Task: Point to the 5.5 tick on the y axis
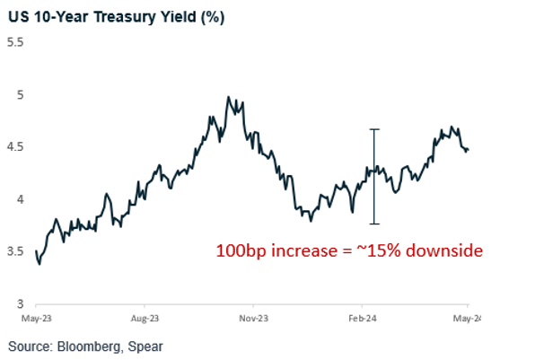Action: tap(15, 41)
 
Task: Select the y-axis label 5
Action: tap(21, 94)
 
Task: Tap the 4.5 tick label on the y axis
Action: tap(15, 146)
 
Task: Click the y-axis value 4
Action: tap(21, 199)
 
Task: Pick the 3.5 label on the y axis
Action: tap(15, 252)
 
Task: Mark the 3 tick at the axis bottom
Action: tap(21, 304)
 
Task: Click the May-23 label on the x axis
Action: tap(37, 318)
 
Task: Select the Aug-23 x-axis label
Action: tap(145, 318)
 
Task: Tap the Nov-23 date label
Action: tap(254, 318)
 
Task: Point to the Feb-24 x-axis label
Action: tap(361, 318)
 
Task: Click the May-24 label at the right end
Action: tap(468, 318)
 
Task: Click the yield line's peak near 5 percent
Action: tap(228, 97)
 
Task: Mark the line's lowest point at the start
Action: tap(39, 264)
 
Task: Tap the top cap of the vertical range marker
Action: tap(375, 129)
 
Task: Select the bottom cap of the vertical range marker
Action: tap(375, 224)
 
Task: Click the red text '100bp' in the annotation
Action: tap(242, 251)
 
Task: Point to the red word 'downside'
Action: tap(445, 251)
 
